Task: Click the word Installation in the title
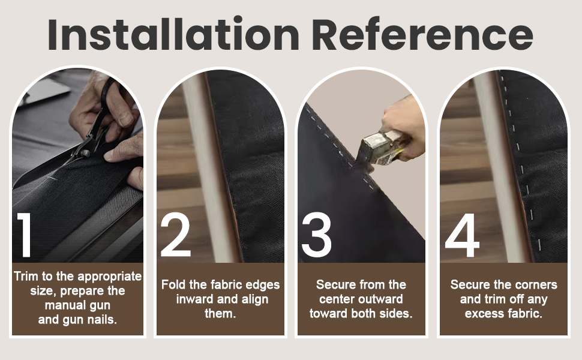click(173, 34)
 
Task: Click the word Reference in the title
click(423, 34)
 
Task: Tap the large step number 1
click(25, 235)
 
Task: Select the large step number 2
click(176, 235)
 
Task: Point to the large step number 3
click(316, 235)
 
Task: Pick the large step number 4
click(463, 235)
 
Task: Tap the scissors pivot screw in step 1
click(86, 152)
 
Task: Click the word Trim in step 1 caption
click(26, 277)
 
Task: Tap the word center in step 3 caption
click(338, 299)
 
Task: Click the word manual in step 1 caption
click(62, 305)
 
